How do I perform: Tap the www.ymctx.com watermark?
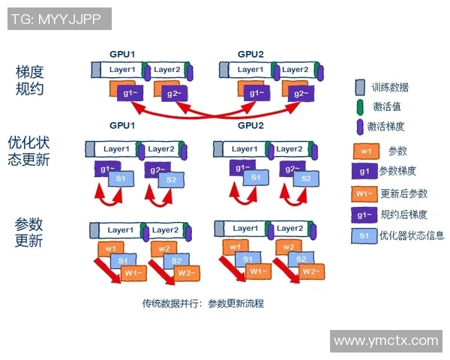[x=385, y=340]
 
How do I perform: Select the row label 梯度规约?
[x=30, y=80]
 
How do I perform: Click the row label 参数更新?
[x=30, y=232]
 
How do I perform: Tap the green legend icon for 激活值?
[x=360, y=106]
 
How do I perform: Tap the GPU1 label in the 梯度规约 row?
[x=122, y=55]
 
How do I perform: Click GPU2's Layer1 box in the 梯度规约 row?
[x=250, y=70]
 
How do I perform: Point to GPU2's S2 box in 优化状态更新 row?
[x=304, y=179]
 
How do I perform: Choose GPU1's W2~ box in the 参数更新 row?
[x=187, y=273]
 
